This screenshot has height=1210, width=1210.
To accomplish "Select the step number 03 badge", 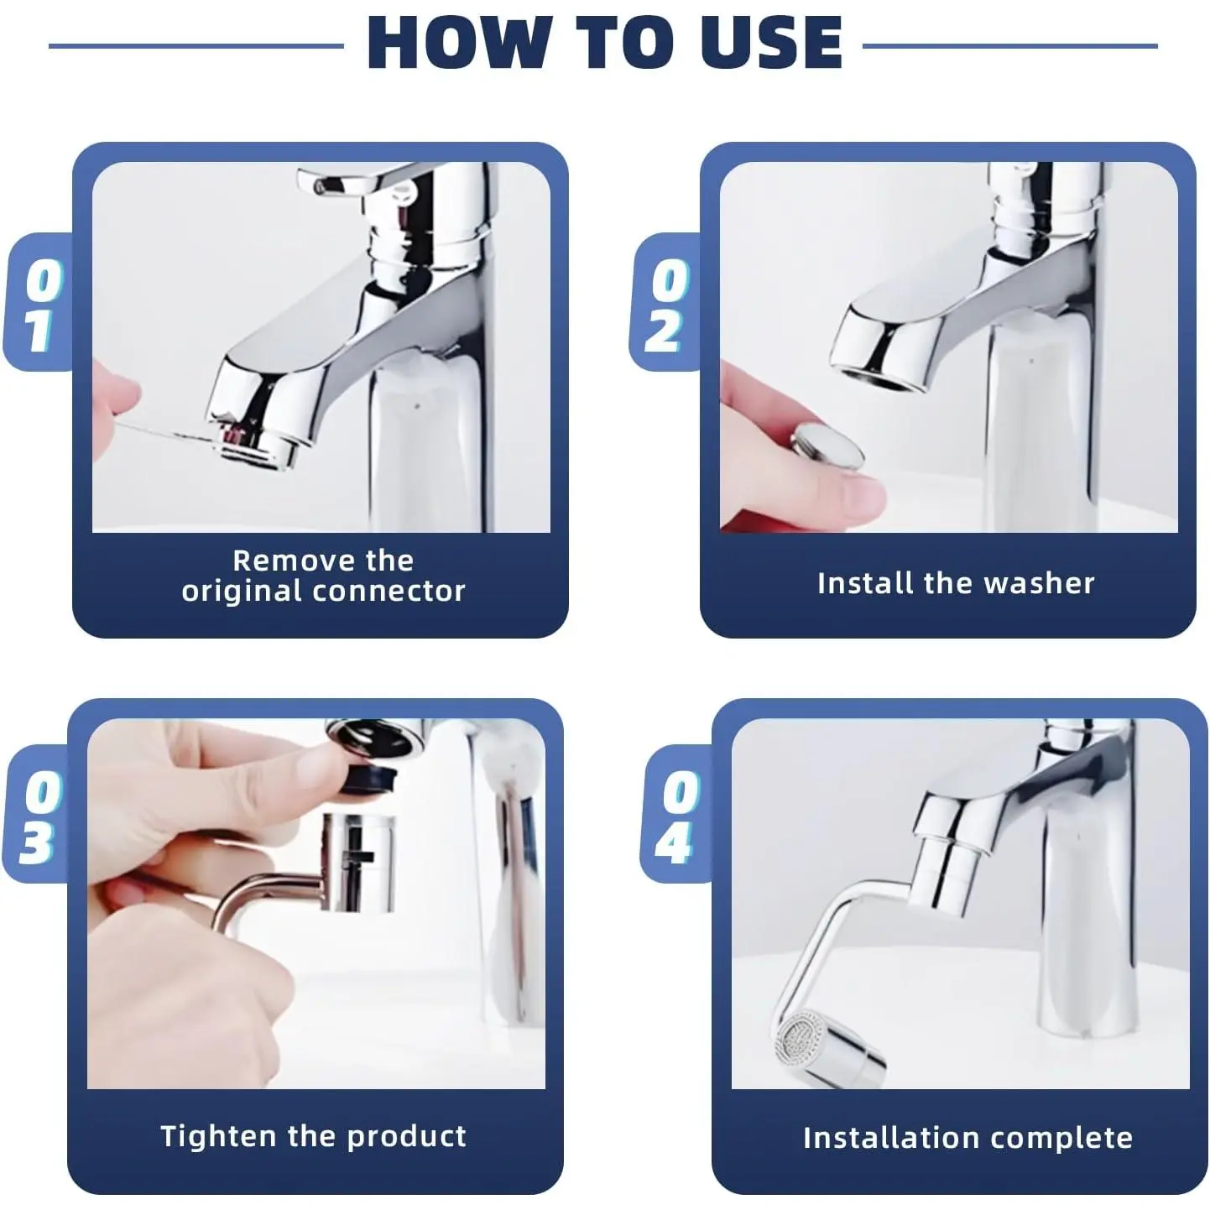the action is pyautogui.click(x=39, y=815).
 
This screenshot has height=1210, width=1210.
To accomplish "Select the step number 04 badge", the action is pyautogui.click(x=677, y=815).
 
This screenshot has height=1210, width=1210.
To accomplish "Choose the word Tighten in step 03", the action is pyautogui.click(x=219, y=1136).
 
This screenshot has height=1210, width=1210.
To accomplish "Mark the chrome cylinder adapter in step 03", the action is pyautogui.click(x=358, y=863).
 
